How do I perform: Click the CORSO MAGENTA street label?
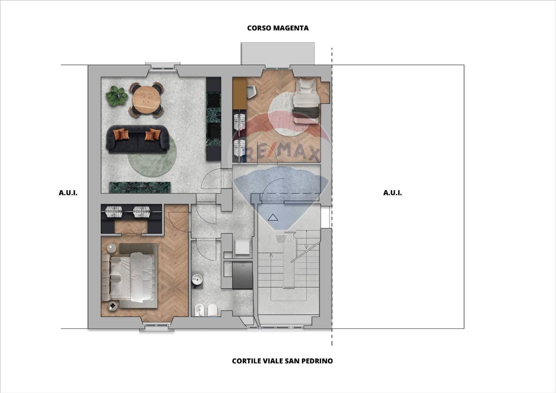(x=278, y=28)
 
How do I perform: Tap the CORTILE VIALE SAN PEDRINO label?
(x=282, y=361)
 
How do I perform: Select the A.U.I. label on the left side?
(x=68, y=193)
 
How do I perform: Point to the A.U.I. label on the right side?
(x=392, y=193)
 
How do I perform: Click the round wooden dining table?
(x=146, y=99)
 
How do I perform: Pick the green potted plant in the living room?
(x=116, y=96)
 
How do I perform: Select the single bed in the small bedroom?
(x=306, y=100)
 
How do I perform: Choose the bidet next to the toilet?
(x=199, y=310)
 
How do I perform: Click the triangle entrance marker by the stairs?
(x=273, y=217)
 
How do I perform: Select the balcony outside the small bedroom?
(x=278, y=54)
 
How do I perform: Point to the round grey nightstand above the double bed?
(x=112, y=248)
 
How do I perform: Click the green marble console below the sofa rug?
(x=140, y=187)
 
